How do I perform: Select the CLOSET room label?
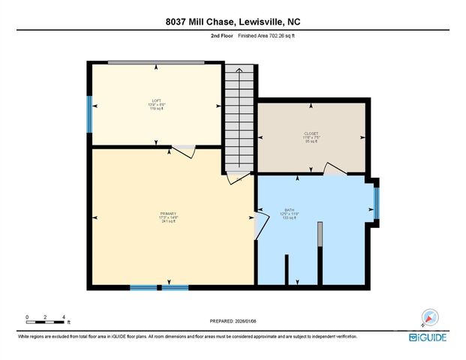point(311,137)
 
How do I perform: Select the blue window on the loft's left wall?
point(89,113)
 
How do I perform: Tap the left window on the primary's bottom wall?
point(143,287)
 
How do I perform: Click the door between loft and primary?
point(184,150)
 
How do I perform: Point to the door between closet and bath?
point(335,169)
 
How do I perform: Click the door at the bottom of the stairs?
point(239,177)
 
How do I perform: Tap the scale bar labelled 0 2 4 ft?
point(47,322)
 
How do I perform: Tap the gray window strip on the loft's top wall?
point(156,62)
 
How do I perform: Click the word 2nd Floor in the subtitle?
point(221,35)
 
